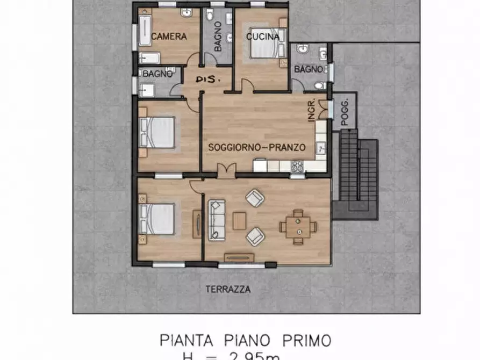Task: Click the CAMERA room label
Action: (169, 37)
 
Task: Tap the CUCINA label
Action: (262, 37)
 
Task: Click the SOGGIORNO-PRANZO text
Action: (257, 147)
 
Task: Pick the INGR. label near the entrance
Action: (312, 111)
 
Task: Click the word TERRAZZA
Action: (228, 289)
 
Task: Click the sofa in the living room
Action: (216, 219)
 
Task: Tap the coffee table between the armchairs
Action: (239, 220)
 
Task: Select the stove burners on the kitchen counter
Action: (297, 166)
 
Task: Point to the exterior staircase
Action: (355, 175)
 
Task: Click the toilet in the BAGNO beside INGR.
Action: (319, 85)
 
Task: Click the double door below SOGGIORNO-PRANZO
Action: (226, 171)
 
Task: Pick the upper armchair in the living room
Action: (255, 198)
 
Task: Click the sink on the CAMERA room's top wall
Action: (187, 14)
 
